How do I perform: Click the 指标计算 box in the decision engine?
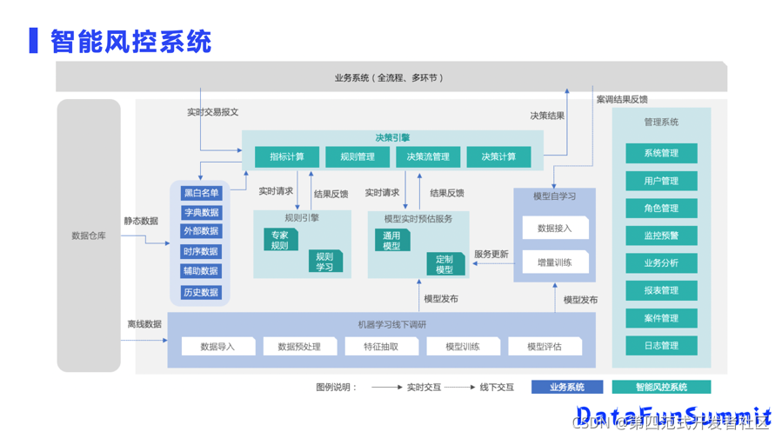286,156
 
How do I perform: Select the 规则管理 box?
357,156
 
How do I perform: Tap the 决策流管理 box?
428,156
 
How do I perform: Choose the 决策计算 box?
498,156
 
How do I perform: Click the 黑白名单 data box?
201,193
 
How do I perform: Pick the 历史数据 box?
201,292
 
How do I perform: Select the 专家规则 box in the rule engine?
280,240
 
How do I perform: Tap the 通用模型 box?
392,240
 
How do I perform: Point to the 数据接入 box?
555,229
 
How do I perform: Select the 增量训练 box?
555,262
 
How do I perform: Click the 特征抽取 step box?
381,346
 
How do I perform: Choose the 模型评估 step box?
545,346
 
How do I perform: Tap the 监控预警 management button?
661,236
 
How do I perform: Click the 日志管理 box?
661,345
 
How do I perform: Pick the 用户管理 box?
661,181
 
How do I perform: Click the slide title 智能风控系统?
130,41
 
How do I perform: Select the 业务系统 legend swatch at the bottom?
567,387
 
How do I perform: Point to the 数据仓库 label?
89,236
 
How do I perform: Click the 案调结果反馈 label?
621,99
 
